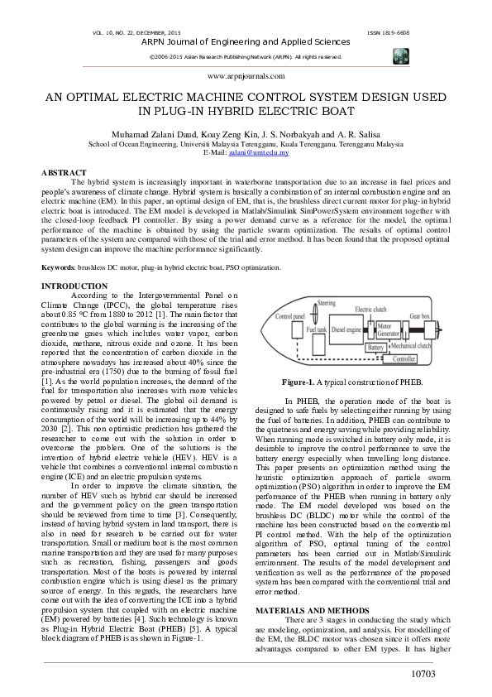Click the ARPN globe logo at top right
click(402, 55)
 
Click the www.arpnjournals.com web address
click(246, 75)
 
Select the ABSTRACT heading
click(64, 172)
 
